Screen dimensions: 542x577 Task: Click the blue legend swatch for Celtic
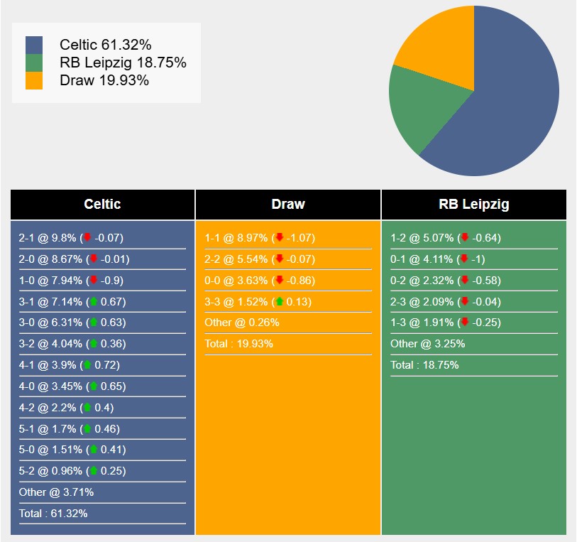click(x=33, y=45)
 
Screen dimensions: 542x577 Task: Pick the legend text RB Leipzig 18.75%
click(x=123, y=63)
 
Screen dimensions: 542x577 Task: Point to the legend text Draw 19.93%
click(x=104, y=80)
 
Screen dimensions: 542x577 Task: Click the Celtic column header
click(x=102, y=205)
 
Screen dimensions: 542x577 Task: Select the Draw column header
click(x=288, y=205)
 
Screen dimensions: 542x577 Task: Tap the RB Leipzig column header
click(x=473, y=205)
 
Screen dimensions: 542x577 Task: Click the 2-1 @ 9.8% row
click(x=71, y=238)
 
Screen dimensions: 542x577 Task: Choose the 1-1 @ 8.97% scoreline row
click(x=260, y=238)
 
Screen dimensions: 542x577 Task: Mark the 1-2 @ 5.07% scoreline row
click(x=446, y=238)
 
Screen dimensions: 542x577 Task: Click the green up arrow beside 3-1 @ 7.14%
click(x=92, y=302)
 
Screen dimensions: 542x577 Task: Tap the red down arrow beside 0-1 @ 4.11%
click(x=465, y=259)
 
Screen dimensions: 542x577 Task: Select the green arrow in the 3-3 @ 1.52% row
click(x=279, y=302)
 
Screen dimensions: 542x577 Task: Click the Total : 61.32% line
click(x=53, y=513)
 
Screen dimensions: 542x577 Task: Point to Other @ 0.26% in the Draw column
click(x=242, y=323)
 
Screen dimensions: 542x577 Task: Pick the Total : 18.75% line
click(x=424, y=365)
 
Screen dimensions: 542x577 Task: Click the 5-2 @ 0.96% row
click(x=71, y=470)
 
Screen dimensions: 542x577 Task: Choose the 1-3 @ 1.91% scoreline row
click(x=446, y=323)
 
